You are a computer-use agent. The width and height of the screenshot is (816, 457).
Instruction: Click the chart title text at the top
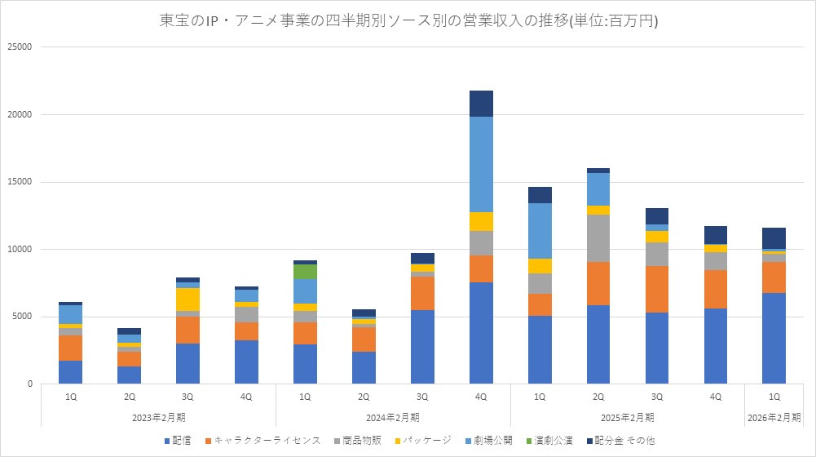point(408,20)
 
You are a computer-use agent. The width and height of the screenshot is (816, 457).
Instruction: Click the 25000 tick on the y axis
point(18,47)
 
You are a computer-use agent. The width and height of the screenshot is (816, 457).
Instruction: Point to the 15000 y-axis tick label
point(18,182)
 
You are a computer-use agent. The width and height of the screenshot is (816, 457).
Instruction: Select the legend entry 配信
point(179,441)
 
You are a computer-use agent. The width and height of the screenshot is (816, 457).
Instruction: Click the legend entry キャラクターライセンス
point(262,441)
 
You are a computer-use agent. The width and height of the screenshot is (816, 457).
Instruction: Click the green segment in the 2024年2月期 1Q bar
point(305,272)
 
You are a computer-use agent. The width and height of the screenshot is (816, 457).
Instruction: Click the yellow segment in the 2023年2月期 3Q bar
point(187,299)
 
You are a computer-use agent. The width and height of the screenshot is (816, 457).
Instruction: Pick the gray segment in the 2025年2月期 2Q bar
point(598,238)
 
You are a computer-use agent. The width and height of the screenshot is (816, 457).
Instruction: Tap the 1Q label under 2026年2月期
point(774,397)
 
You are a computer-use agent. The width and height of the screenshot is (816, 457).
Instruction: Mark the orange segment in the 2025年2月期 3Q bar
point(657,289)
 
